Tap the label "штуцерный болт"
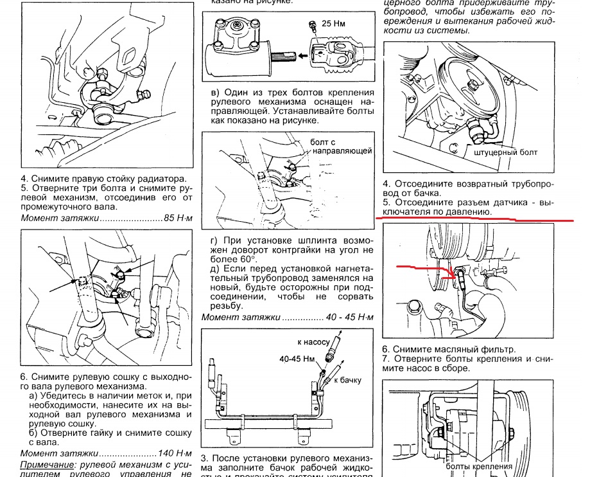click(x=505, y=153)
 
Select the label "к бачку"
click(x=347, y=380)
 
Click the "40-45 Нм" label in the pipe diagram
click(x=297, y=358)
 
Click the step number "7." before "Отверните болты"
click(x=386, y=358)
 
